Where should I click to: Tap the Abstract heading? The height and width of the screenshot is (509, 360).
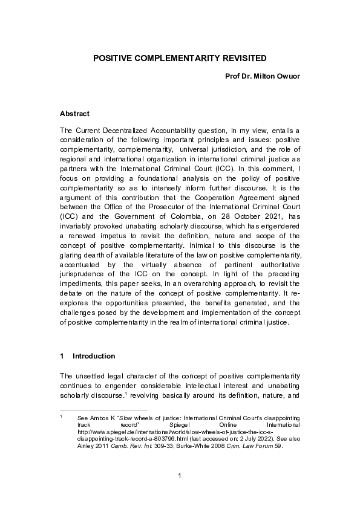click(74, 114)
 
